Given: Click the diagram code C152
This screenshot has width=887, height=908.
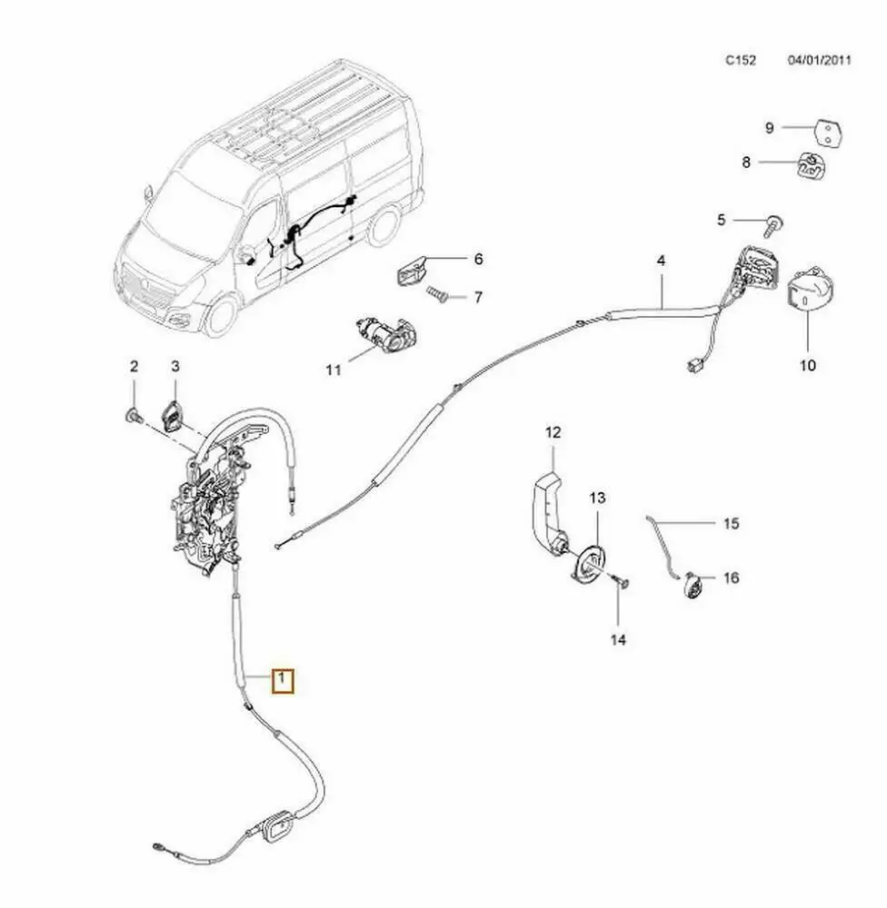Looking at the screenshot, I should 740,61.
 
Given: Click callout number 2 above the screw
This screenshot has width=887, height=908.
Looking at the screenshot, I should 134,367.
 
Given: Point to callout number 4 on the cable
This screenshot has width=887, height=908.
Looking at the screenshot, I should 661,262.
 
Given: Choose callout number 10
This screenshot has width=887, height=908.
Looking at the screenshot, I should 808,365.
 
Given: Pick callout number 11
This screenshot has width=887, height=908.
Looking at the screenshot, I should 333,370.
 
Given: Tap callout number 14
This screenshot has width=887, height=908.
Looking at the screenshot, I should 618,640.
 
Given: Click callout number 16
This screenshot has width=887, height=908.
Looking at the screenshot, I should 732,577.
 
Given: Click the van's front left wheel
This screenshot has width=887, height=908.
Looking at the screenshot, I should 220,315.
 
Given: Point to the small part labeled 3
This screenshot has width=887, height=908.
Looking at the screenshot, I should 173,417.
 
